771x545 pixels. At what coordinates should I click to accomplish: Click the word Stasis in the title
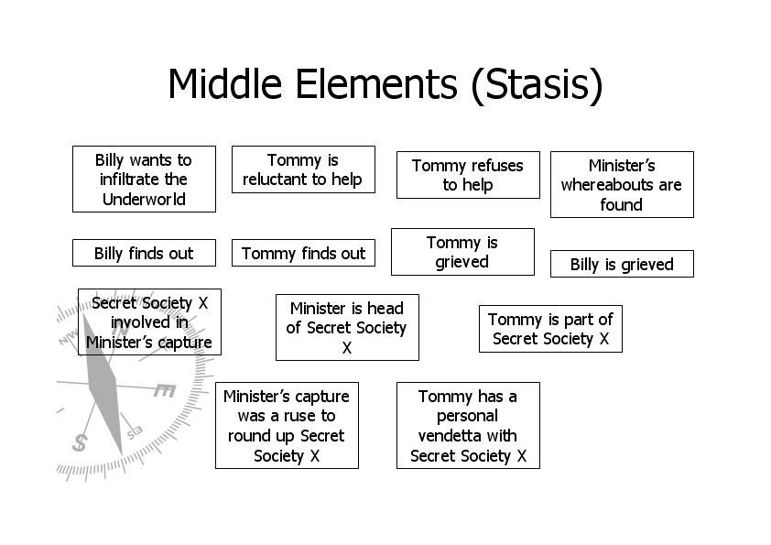click(x=537, y=84)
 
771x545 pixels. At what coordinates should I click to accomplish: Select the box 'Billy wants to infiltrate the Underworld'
click(x=144, y=179)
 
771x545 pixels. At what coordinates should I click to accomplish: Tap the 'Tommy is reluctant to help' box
click(x=303, y=169)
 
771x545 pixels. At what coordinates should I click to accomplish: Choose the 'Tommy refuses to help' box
click(x=468, y=175)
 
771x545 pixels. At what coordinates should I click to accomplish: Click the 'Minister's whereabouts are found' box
click(x=622, y=184)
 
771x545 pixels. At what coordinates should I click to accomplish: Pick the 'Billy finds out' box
click(x=144, y=253)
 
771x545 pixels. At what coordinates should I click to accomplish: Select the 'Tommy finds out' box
click(x=303, y=253)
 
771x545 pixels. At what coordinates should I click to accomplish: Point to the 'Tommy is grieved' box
click(x=462, y=252)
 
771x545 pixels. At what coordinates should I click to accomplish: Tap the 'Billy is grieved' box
click(x=622, y=264)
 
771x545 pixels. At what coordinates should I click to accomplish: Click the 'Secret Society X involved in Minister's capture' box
click(x=149, y=322)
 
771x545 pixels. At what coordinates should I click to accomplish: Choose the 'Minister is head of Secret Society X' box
click(x=347, y=328)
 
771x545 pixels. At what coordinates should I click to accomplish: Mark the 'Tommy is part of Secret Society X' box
click(x=550, y=329)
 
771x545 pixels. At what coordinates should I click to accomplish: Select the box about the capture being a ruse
click(x=288, y=426)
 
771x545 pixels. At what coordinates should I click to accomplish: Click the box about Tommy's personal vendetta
click(x=468, y=426)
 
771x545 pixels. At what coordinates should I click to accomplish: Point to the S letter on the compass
click(x=80, y=442)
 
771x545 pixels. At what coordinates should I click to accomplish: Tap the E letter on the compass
click(x=164, y=390)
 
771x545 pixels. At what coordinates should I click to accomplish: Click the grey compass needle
click(x=103, y=384)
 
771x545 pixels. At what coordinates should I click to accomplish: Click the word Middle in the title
click(x=225, y=83)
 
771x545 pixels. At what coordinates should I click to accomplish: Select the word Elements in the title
click(x=376, y=83)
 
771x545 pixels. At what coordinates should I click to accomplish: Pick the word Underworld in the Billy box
click(x=144, y=199)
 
